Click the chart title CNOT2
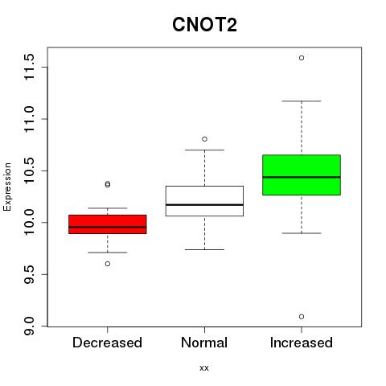(204, 25)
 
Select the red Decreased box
(108, 224)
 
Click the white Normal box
(204, 201)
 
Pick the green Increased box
(302, 175)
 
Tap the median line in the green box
(302, 177)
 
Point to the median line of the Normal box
(204, 205)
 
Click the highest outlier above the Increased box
(302, 58)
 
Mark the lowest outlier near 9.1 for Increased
(302, 317)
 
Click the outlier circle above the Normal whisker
(204, 139)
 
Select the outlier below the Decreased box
(108, 264)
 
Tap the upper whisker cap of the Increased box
(302, 101)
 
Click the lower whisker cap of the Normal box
(204, 249)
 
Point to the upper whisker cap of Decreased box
(108, 208)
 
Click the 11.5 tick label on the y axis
(29, 67)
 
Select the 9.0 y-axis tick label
(29, 326)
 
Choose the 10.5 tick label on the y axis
(29, 170)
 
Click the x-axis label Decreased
(107, 343)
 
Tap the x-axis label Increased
(302, 343)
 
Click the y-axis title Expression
(7, 187)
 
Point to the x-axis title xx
(204, 368)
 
